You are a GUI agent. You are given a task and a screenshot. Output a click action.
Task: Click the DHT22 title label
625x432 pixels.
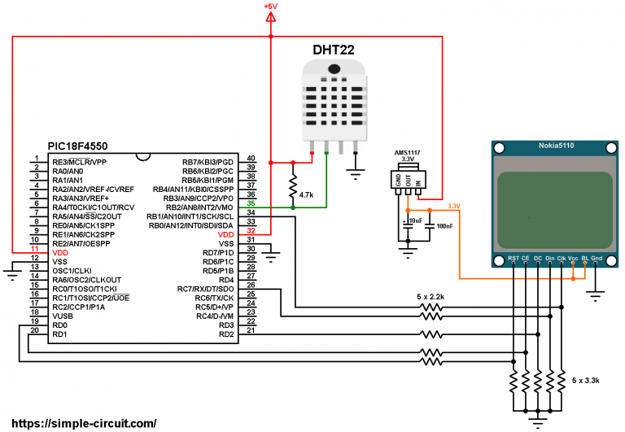pyautogui.click(x=328, y=50)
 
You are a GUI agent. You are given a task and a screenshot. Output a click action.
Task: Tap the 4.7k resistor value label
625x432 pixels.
pyautogui.click(x=307, y=195)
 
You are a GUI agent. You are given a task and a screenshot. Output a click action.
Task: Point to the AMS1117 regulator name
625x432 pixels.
pyautogui.click(x=409, y=152)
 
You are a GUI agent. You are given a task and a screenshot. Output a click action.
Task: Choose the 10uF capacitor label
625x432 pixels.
pyautogui.click(x=414, y=220)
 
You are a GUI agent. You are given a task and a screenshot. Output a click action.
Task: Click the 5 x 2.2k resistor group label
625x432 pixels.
pyautogui.click(x=426, y=297)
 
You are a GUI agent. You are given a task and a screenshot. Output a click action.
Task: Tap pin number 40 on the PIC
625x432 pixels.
pyautogui.click(x=251, y=158)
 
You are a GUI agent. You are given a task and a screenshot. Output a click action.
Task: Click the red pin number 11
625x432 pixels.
pyautogui.click(x=34, y=249)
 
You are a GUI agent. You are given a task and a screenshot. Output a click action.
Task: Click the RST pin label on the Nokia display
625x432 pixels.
pyautogui.click(x=514, y=259)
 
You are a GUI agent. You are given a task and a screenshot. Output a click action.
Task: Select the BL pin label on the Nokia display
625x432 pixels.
pyautogui.click(x=584, y=259)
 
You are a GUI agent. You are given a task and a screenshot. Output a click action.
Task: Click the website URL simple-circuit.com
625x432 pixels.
pyautogui.click(x=80, y=423)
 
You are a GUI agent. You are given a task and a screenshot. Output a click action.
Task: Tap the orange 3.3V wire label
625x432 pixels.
pyautogui.click(x=454, y=206)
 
